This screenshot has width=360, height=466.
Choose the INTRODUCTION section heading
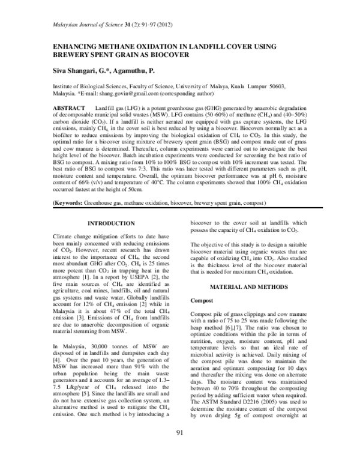coord(116,224)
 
